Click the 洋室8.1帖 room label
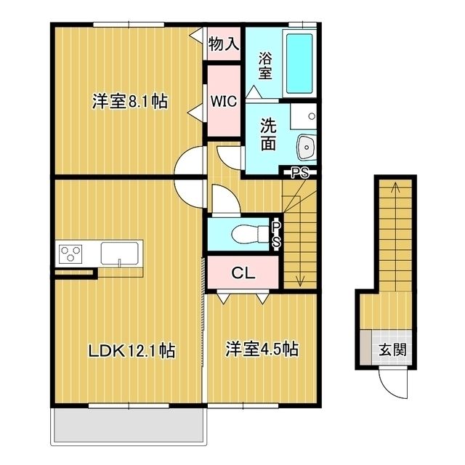[x=130, y=102]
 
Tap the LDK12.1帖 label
[x=131, y=349]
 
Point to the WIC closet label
[x=224, y=102]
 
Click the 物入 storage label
[x=224, y=44]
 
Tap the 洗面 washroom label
[x=268, y=134]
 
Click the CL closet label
[x=242, y=273]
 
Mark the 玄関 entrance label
[x=392, y=349]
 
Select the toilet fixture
[x=248, y=235]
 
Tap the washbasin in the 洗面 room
[x=305, y=147]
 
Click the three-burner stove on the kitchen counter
[x=71, y=254]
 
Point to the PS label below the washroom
[x=299, y=172]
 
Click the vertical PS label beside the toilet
[x=276, y=235]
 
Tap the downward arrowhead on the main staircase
[x=299, y=281]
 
